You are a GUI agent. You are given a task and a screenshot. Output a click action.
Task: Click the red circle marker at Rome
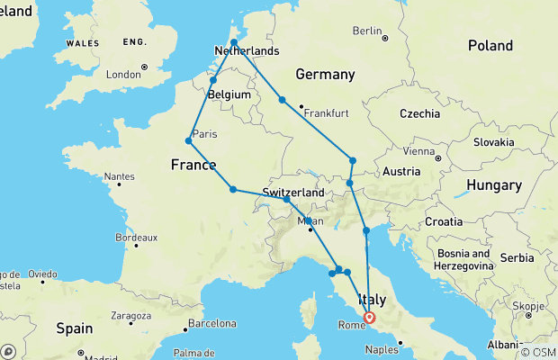(x=369, y=317)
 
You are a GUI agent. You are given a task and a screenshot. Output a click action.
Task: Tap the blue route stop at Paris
(x=189, y=140)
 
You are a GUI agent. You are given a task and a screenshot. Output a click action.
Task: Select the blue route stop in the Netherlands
(x=233, y=42)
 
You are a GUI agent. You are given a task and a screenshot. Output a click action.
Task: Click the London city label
(x=124, y=75)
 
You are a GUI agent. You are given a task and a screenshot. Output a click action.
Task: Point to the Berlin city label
(x=368, y=31)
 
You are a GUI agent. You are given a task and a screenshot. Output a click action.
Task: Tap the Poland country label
(x=490, y=45)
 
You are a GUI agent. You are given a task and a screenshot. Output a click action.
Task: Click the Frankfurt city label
(x=326, y=112)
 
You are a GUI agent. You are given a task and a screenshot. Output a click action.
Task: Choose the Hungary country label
(x=488, y=185)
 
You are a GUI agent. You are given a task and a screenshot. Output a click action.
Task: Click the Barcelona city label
(x=211, y=323)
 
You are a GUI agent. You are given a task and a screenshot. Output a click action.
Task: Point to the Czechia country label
(x=420, y=113)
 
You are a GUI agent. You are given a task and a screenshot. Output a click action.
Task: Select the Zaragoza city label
(x=131, y=316)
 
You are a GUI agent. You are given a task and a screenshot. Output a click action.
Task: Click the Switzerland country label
(x=293, y=193)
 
